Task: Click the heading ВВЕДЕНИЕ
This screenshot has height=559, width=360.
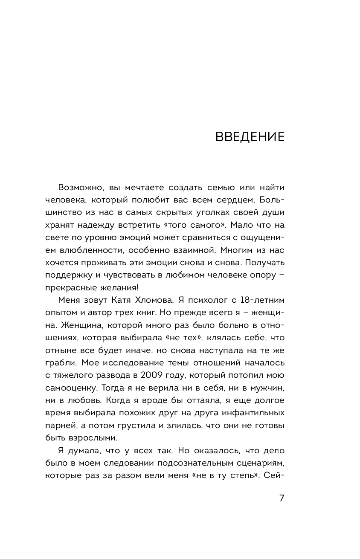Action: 250,137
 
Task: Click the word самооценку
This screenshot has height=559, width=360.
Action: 73,389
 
